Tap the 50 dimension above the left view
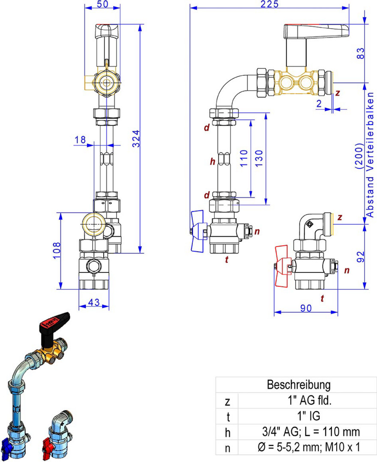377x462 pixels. tap(102, 4)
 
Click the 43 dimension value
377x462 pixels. tap(94, 302)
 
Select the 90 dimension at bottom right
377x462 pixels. tap(306, 307)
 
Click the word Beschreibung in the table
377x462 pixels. tap(299, 385)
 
